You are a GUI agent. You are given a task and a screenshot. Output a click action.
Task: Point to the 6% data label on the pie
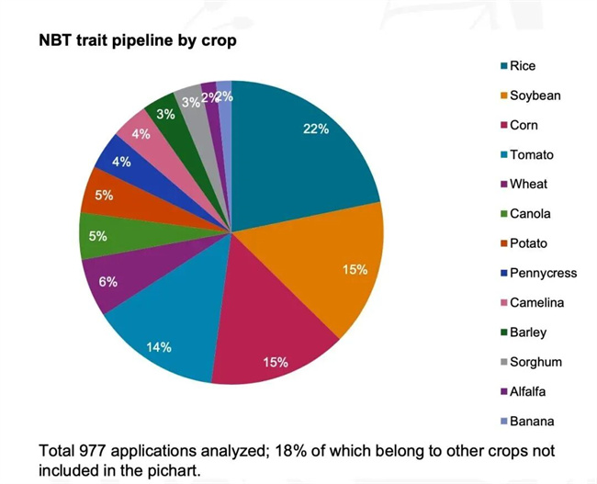coord(108,282)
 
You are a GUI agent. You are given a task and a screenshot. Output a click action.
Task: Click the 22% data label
coord(316,129)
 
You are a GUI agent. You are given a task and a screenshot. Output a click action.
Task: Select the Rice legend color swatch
coord(502,66)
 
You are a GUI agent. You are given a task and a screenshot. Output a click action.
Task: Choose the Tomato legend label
coord(532,155)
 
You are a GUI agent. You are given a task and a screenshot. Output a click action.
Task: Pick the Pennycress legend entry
coord(542,273)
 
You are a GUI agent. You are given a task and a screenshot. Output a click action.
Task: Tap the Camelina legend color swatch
coord(502,303)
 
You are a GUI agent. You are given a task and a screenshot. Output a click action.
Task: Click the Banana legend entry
coord(532,421)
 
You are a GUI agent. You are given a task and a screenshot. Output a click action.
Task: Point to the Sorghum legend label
coord(535,362)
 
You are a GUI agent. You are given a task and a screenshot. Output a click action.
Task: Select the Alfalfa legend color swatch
coord(502,391)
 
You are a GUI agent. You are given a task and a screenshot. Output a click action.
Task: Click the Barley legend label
coord(528,332)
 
